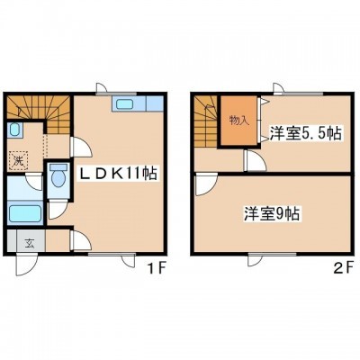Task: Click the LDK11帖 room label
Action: [118, 173]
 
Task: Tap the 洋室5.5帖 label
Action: [305, 133]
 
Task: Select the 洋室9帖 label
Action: [271, 214]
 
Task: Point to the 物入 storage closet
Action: [239, 121]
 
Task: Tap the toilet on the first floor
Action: [58, 177]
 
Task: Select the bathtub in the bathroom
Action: [25, 213]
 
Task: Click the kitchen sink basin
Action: [125, 104]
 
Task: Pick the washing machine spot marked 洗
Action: [18, 160]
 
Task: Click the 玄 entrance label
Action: [29, 243]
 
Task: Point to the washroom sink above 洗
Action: [14, 130]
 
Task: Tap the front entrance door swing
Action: [26, 265]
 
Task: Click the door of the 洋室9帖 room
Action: [205, 186]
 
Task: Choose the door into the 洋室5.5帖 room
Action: [256, 161]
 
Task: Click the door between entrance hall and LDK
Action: [81, 240]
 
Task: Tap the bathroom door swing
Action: [35, 182]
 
